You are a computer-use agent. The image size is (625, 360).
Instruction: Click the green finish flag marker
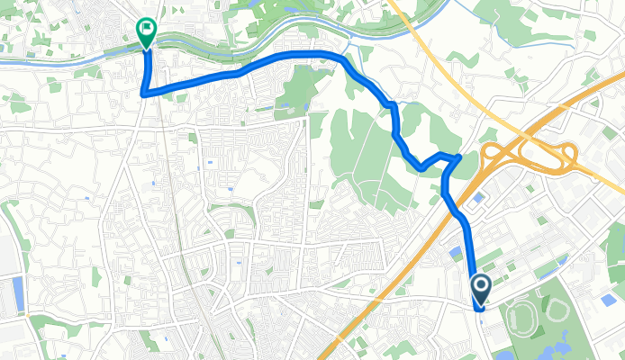(x=145, y=31)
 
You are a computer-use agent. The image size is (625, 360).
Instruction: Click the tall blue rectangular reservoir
(x=19, y=294)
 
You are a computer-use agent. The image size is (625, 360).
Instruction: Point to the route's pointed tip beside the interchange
(x=459, y=157)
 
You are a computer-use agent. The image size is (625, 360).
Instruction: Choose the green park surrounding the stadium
(x=576, y=333)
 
